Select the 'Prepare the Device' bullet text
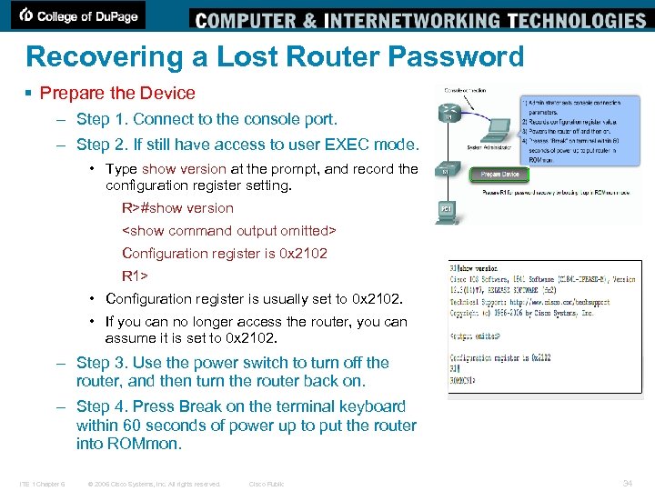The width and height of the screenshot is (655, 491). point(117,93)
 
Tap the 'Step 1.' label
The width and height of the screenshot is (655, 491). point(103,119)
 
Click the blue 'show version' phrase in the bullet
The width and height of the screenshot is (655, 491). point(184,168)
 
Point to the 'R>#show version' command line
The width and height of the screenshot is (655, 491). point(177,207)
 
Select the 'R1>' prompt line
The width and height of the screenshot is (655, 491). point(135,276)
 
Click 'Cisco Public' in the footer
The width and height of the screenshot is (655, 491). point(267,484)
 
